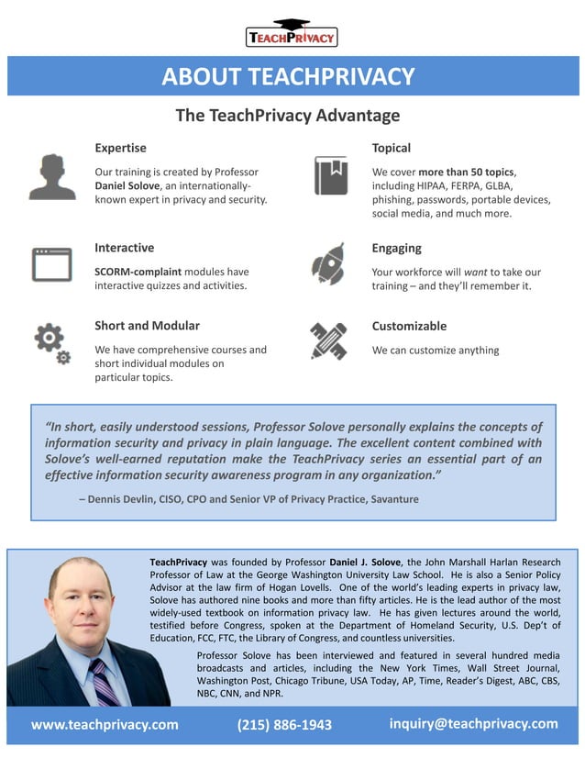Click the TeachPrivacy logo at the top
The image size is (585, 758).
[x=292, y=34]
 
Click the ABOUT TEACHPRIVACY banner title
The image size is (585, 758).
[x=288, y=76]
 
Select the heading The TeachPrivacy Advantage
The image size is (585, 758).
[x=288, y=116]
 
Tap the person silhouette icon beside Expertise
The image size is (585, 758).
[x=52, y=176]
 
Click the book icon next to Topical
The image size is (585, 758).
[x=330, y=174]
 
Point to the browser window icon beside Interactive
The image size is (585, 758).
[x=51, y=264]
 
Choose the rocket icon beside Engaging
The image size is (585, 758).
[x=328, y=264]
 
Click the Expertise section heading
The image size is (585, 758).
[x=120, y=148]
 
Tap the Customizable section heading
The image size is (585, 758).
[x=409, y=326]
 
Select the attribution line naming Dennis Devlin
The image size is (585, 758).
[x=248, y=499]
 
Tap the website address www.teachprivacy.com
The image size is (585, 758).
[x=105, y=725]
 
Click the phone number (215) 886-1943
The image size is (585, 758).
[x=284, y=725]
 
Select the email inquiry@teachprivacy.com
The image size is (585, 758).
[x=473, y=724]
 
